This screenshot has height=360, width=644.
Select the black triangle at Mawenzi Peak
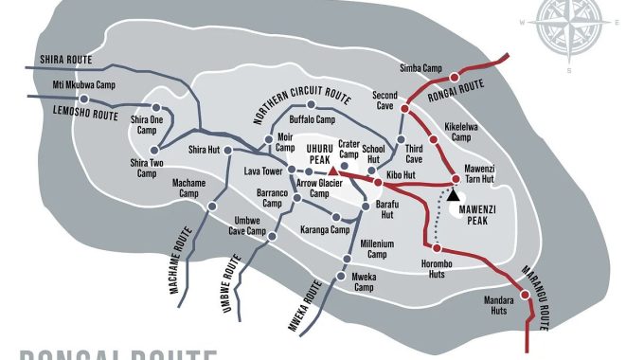tap(452, 192)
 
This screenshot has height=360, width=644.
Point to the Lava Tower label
tap(265, 171)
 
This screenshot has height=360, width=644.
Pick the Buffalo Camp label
tap(312, 120)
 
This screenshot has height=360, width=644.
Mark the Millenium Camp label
tap(375, 249)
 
